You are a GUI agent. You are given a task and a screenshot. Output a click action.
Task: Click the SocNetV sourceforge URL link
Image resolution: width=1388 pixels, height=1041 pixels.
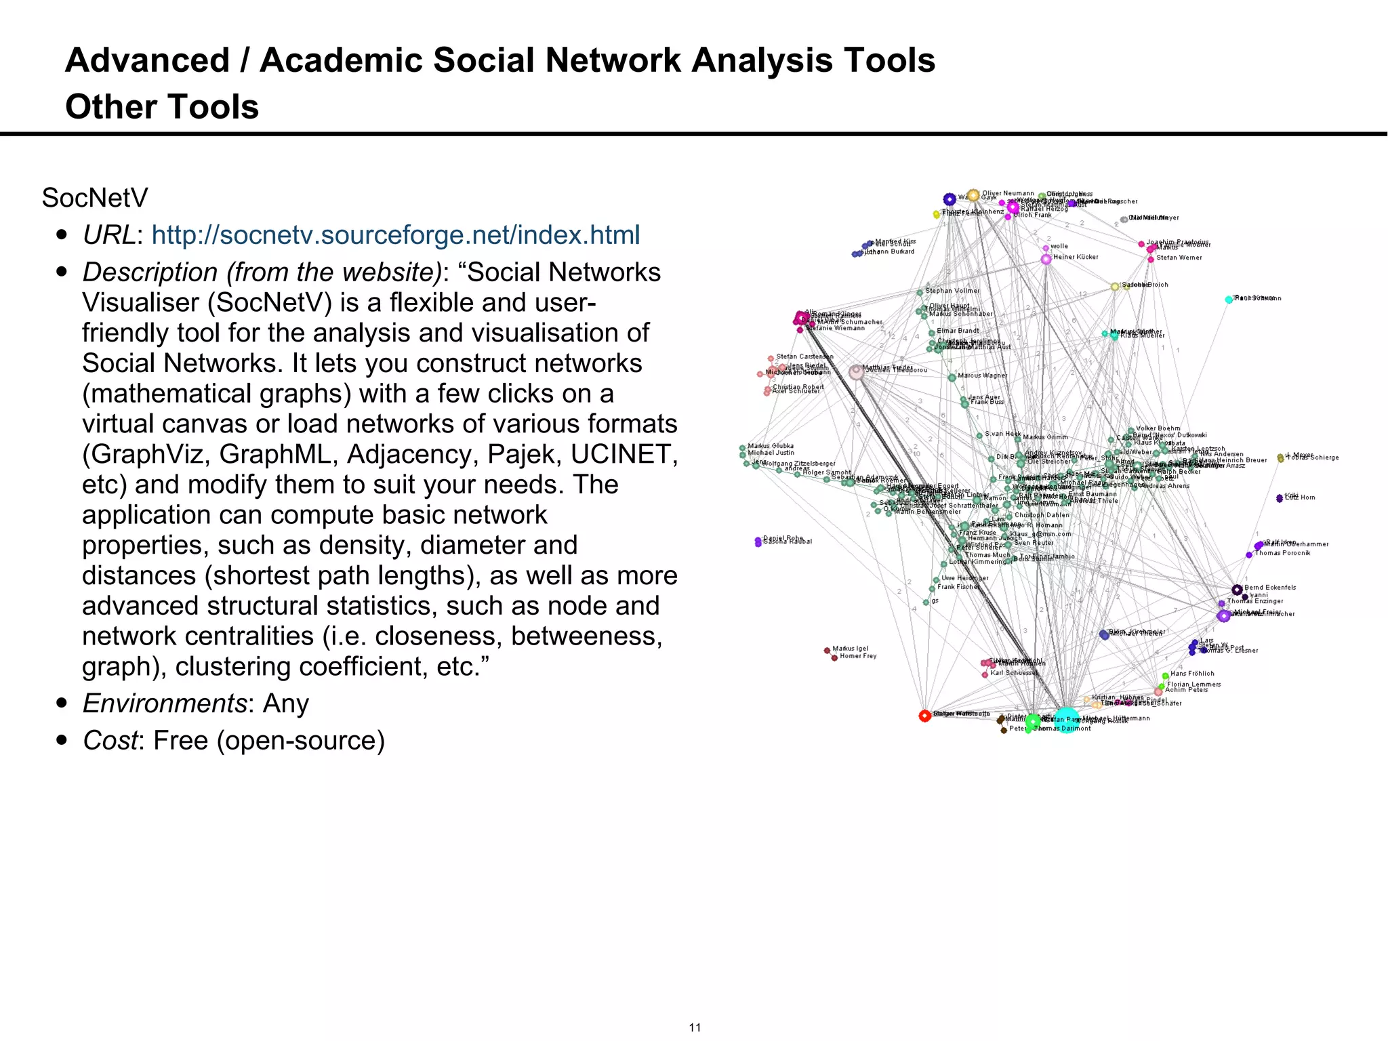point(395,235)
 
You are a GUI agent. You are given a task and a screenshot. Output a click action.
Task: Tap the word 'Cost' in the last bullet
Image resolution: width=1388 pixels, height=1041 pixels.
point(110,741)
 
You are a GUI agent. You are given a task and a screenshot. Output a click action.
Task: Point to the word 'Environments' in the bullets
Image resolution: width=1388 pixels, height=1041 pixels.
point(164,703)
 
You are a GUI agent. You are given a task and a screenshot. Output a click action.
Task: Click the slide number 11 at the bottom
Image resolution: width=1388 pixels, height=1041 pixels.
point(695,1027)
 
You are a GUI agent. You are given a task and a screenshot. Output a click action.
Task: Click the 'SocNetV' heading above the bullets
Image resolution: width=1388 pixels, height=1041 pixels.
point(95,198)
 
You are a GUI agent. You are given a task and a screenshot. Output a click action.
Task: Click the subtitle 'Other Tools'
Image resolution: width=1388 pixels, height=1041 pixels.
point(162,106)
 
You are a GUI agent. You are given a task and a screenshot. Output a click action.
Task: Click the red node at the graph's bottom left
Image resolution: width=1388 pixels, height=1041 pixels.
point(924,716)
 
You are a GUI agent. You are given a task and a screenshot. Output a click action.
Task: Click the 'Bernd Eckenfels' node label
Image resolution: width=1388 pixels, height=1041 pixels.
point(1269,588)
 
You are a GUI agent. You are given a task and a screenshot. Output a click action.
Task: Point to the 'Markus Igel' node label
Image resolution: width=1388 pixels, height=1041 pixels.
point(850,649)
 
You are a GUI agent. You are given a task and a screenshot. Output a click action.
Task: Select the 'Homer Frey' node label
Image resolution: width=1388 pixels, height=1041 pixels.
point(858,656)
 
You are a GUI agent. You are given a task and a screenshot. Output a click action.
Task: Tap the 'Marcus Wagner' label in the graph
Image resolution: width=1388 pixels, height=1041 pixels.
point(982,375)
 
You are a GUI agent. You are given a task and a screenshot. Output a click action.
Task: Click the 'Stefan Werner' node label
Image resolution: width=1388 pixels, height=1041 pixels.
point(1179,258)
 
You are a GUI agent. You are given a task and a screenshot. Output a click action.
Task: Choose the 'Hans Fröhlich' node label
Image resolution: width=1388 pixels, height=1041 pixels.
point(1192,674)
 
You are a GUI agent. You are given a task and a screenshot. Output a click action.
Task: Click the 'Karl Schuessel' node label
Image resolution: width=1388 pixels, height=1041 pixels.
point(1013,673)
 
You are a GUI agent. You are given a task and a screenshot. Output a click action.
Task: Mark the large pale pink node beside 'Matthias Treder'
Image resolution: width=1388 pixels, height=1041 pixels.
point(857,372)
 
